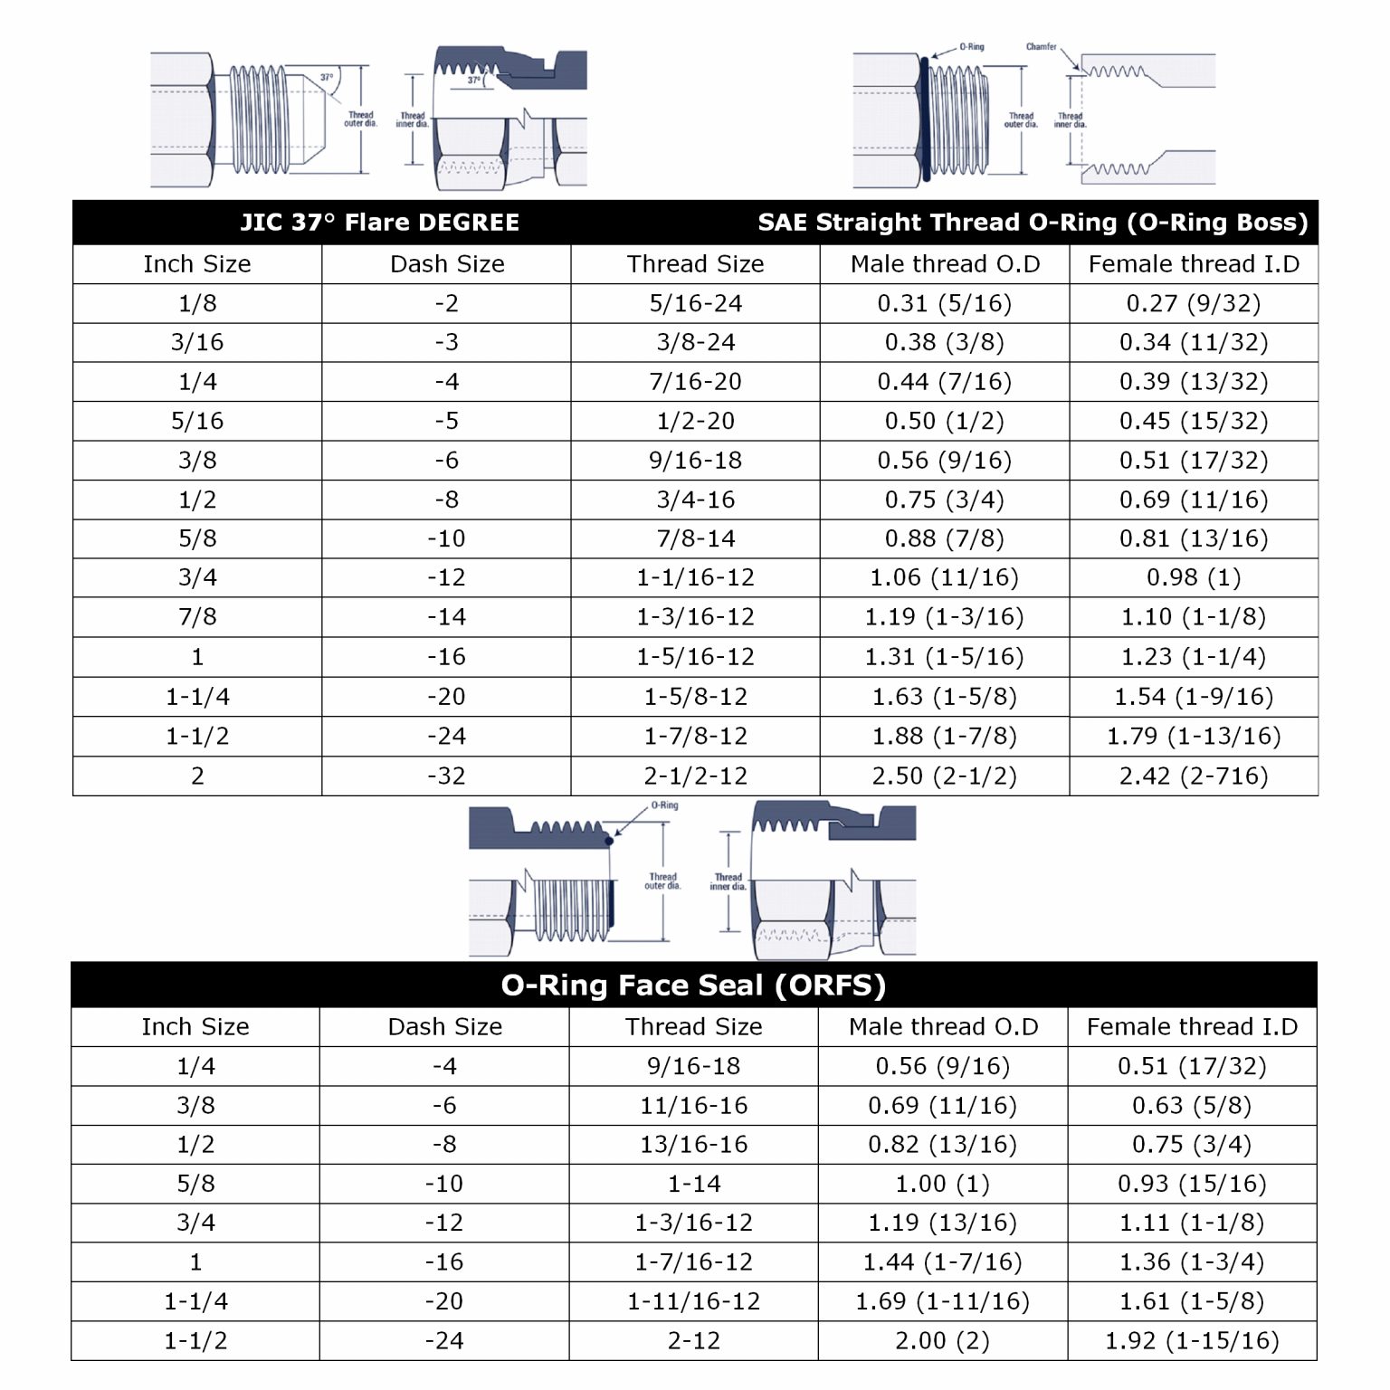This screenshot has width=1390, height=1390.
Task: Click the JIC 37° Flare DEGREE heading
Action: pyautogui.click(x=379, y=223)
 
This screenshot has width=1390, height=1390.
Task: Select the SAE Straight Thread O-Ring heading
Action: pyautogui.click(x=1033, y=223)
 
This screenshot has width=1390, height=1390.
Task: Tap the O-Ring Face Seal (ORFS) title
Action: pyautogui.click(x=693, y=985)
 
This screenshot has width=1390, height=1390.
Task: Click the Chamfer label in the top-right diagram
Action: pyautogui.click(x=1041, y=47)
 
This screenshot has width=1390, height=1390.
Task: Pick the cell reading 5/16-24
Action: pyautogui.click(x=695, y=303)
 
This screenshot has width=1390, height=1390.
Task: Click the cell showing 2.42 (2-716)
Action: pyautogui.click(x=1193, y=776)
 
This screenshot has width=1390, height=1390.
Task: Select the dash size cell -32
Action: pyautogui.click(x=446, y=776)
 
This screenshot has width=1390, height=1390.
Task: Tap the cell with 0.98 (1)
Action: pyautogui.click(x=1193, y=577)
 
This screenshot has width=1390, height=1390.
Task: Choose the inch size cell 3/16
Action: pyautogui.click(x=197, y=342)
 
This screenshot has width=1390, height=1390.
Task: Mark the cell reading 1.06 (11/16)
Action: pyautogui.click(x=944, y=577)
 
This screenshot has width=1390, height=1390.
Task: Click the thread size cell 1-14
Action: pyautogui.click(x=693, y=1184)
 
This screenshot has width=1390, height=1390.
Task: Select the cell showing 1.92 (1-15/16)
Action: pyautogui.click(x=1191, y=1340)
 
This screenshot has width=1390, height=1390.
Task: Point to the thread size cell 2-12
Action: pyautogui.click(x=693, y=1340)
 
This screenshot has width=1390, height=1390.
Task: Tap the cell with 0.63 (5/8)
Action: pyautogui.click(x=1191, y=1105)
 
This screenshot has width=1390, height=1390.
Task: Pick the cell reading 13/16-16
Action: pyautogui.click(x=693, y=1144)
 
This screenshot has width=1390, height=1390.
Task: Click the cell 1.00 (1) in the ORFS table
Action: pyautogui.click(x=942, y=1184)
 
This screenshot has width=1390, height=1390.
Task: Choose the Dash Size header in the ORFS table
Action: pyautogui.click(x=444, y=1026)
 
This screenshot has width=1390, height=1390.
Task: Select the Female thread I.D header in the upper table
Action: pyautogui.click(x=1193, y=264)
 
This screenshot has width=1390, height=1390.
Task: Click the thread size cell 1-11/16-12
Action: pyautogui.click(x=693, y=1301)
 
